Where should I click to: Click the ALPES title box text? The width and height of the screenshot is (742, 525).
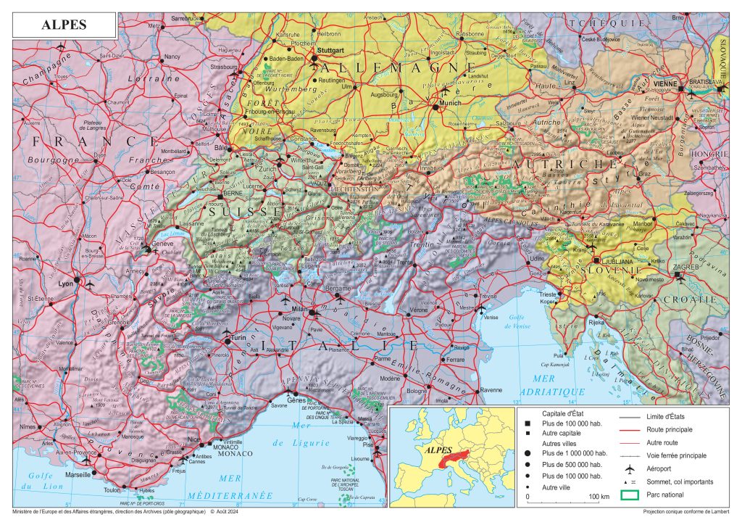[x=63, y=24]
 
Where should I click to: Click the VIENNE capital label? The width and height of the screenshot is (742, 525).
[x=665, y=83]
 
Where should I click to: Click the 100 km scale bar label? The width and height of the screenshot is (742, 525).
[x=599, y=497]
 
